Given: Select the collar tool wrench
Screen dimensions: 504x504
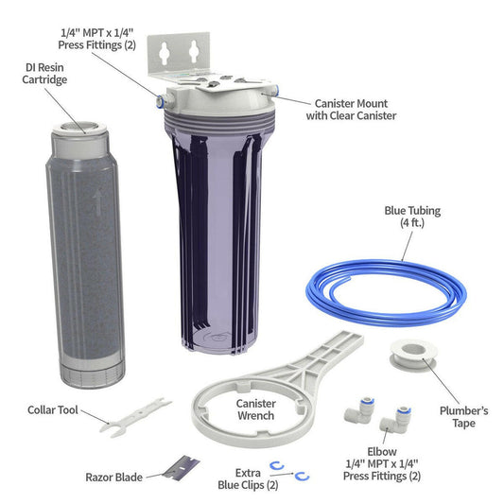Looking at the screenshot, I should click(x=134, y=414).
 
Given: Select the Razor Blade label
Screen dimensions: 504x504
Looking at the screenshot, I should click(x=114, y=478).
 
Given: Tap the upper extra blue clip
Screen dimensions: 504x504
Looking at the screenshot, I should click(x=276, y=465).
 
